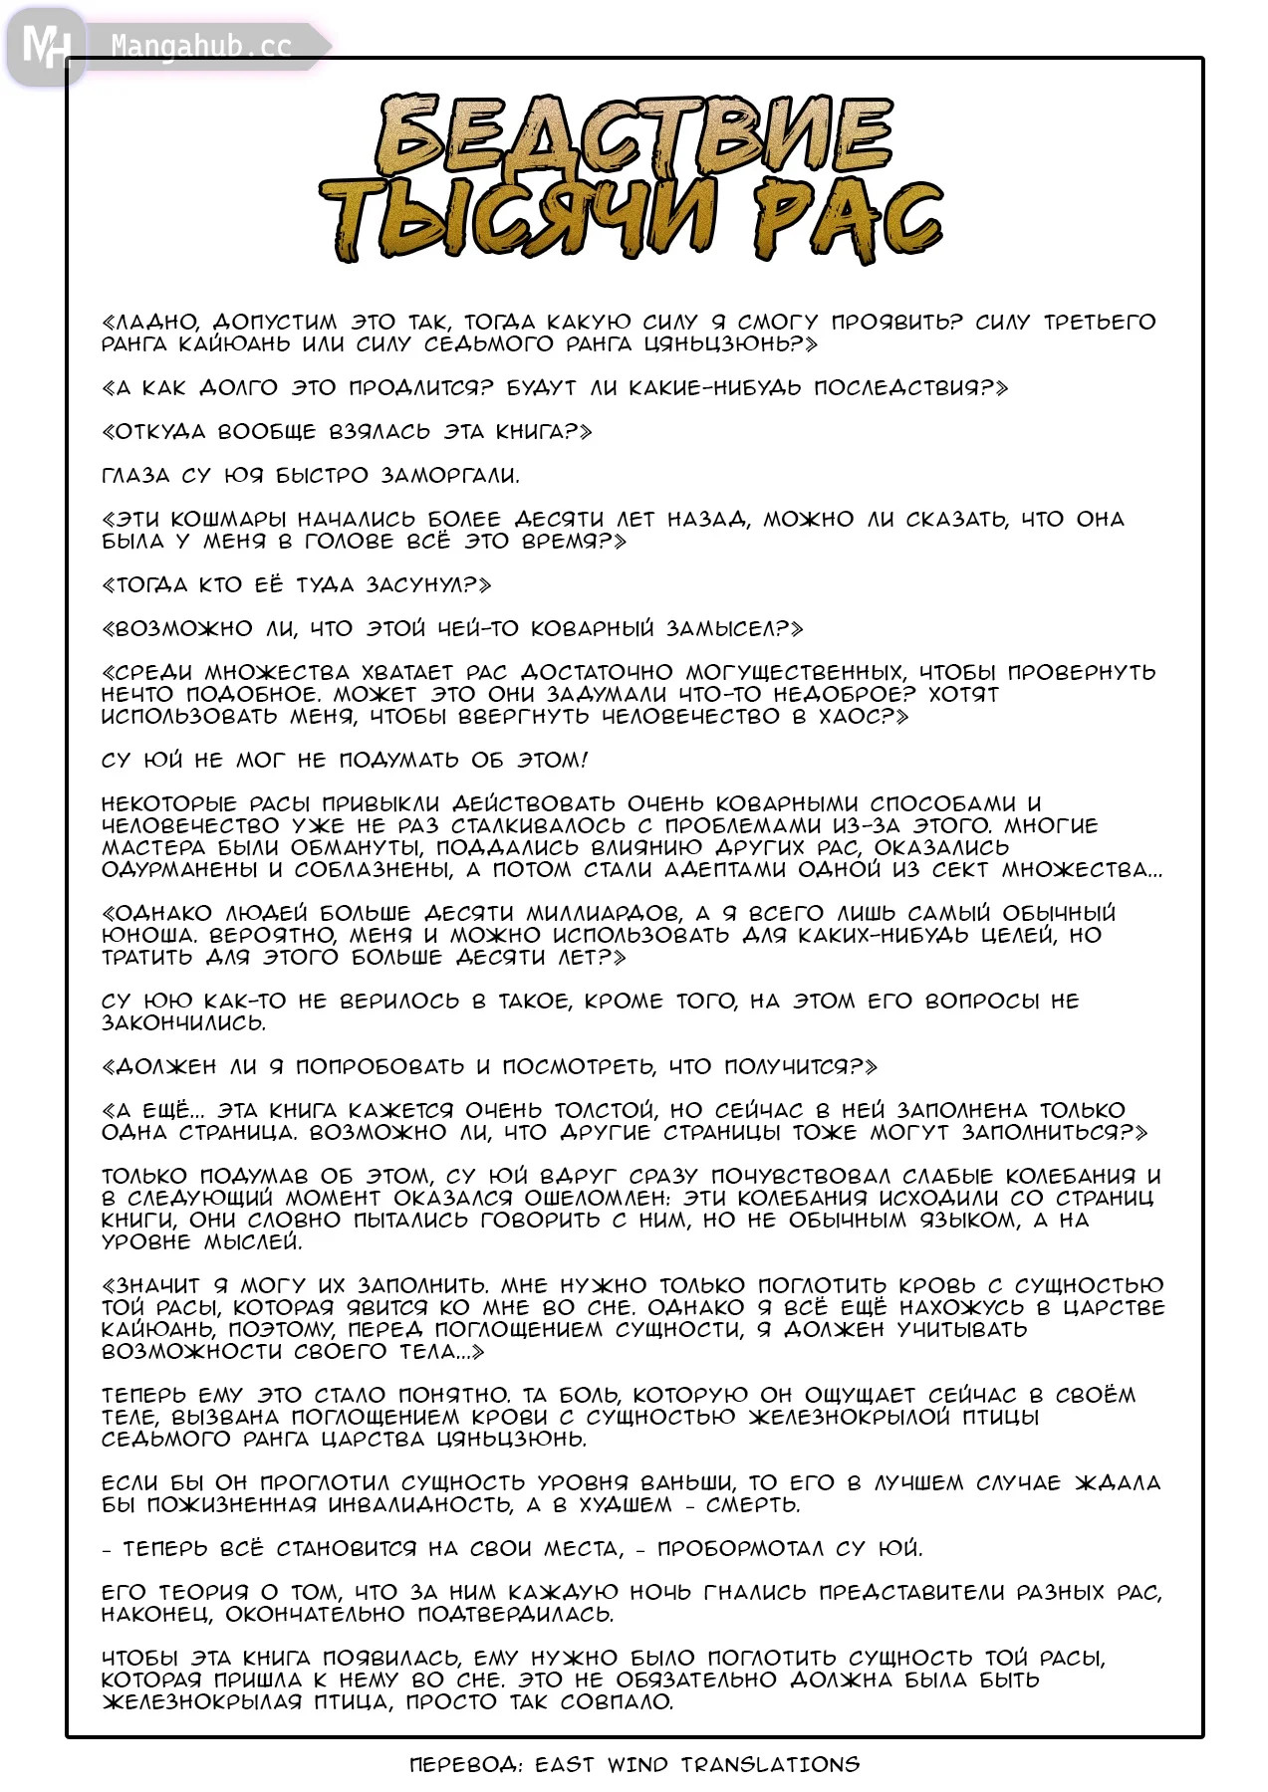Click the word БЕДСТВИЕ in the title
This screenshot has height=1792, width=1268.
pyautogui.click(x=634, y=137)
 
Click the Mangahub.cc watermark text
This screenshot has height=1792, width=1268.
pyautogui.click(x=201, y=46)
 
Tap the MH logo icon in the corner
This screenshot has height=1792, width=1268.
pyautogui.click(x=46, y=46)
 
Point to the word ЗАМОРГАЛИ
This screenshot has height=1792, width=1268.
pyautogui.click(x=450, y=476)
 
